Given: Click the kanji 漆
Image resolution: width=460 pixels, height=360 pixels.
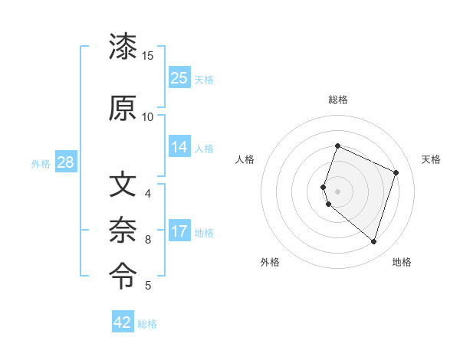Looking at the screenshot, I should (123, 47).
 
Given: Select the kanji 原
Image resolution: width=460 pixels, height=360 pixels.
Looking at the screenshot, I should (123, 108).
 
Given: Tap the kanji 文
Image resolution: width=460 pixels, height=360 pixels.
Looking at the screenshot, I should (123, 185).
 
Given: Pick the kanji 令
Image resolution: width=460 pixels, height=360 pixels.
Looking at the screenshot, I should (123, 273).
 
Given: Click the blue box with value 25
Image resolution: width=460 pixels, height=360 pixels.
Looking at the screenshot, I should (179, 78).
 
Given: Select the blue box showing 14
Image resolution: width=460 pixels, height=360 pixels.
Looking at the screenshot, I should (179, 147).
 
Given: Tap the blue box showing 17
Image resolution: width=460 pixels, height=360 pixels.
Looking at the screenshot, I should (179, 231).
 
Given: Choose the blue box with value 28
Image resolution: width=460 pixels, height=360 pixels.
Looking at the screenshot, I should (65, 162).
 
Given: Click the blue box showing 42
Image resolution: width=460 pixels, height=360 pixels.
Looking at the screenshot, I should (123, 322).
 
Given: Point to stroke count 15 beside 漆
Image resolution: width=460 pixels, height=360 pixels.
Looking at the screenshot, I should (148, 56).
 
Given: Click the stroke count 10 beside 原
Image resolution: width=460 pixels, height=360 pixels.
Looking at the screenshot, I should (148, 116).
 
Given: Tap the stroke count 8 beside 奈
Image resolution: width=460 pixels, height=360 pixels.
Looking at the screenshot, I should (148, 239).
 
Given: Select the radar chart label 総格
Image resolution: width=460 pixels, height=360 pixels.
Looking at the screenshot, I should (337, 100).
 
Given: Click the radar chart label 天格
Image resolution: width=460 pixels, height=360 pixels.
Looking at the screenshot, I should (431, 159).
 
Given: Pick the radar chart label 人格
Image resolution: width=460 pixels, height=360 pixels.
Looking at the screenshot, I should (245, 159).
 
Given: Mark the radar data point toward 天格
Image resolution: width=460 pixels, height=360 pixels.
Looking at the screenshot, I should (396, 172).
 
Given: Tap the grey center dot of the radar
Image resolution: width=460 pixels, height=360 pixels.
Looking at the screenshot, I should (337, 191).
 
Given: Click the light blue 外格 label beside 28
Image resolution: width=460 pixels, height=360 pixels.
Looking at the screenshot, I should (41, 163).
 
